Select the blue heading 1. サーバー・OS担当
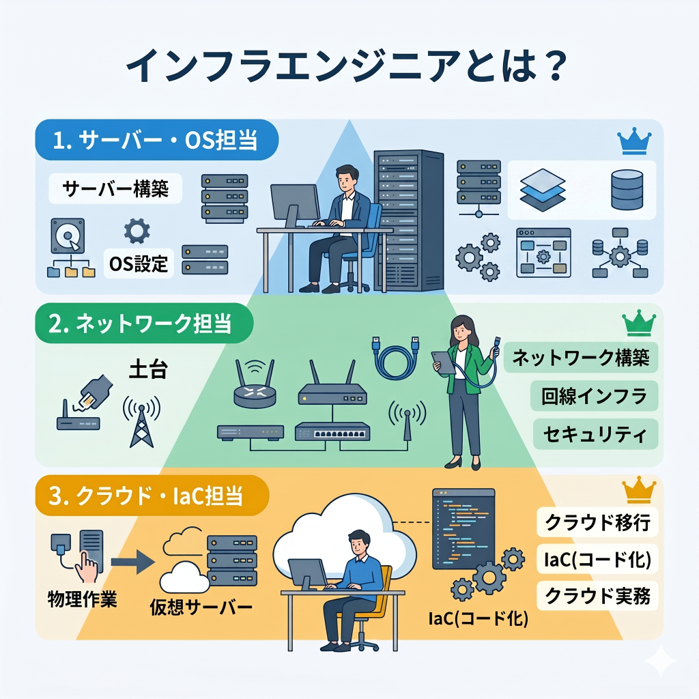(156, 140)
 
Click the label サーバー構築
(115, 188)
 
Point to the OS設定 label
(139, 263)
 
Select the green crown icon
(639, 323)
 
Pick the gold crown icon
(639, 489)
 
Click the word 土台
(148, 369)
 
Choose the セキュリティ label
(595, 433)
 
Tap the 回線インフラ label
(595, 396)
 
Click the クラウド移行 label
(597, 522)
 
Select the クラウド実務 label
(597, 595)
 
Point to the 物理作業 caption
(83, 599)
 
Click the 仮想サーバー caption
(201, 607)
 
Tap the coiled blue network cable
(396, 356)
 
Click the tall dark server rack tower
(409, 220)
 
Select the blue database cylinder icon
(627, 190)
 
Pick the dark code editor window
(463, 529)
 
